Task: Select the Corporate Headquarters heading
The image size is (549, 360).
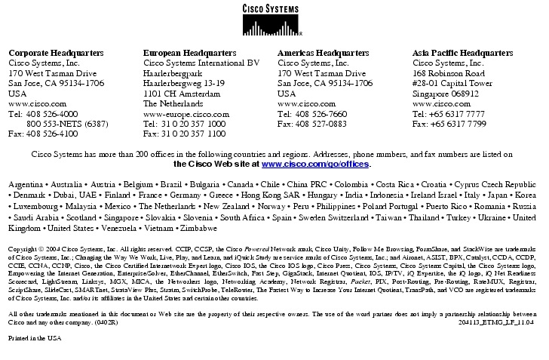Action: coord(56,54)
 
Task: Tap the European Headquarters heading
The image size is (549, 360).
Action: coord(189,54)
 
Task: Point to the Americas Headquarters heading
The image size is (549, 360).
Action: coord(324,54)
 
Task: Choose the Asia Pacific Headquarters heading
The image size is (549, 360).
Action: coord(462,54)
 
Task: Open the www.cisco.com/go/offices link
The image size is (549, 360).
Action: coord(315,163)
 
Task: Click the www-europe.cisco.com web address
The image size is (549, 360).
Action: coord(182,113)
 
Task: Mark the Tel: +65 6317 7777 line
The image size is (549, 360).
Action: coord(449,113)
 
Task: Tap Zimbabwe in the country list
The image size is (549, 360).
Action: coord(199,227)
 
